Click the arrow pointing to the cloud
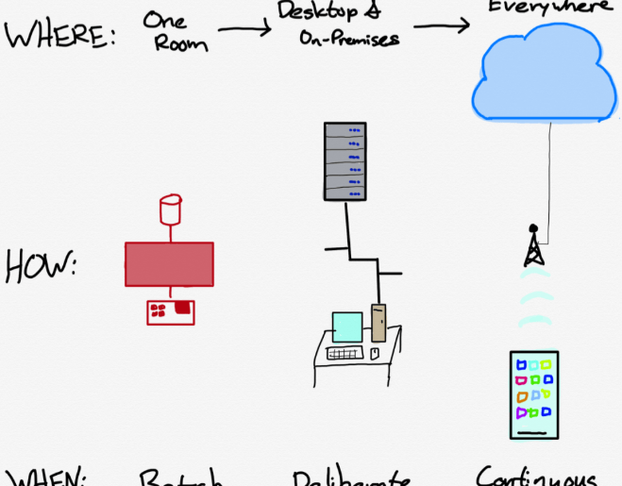442,25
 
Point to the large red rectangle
169,263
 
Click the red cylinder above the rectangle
171,209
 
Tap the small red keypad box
171,310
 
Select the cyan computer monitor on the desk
347,327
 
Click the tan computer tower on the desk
379,321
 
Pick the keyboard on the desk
345,354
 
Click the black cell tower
532,247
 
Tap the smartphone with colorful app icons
534,395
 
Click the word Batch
181,478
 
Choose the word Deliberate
350,478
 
